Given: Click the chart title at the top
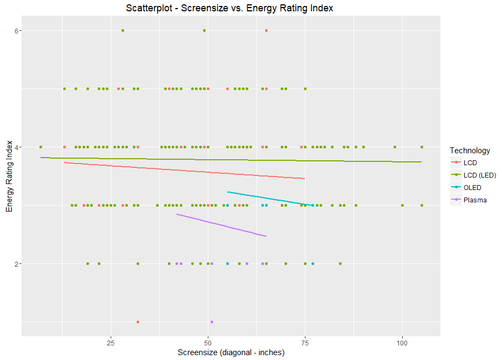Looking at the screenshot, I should pyautogui.click(x=229, y=8).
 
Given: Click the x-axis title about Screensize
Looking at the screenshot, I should pyautogui.click(x=231, y=352).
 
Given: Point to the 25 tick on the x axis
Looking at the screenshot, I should pyautogui.click(x=111, y=343).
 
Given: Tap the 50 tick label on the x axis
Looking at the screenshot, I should pyautogui.click(x=208, y=343).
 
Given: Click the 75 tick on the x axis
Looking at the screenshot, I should pyautogui.click(x=305, y=343).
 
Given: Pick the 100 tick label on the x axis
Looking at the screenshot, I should pyautogui.click(x=402, y=343).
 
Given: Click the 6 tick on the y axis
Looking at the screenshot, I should pyautogui.click(x=17, y=31).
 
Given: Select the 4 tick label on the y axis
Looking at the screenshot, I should pyautogui.click(x=17, y=147).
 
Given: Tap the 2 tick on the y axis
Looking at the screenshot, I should pyautogui.click(x=17, y=264).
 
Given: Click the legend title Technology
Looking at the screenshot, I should pyautogui.click(x=470, y=151).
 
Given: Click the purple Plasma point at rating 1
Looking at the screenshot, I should pyautogui.click(x=212, y=322).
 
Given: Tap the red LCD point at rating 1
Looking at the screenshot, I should pyautogui.click(x=138, y=322).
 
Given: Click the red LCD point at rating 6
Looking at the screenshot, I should pyautogui.click(x=266, y=30).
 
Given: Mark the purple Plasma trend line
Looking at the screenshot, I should pyautogui.click(x=221, y=226).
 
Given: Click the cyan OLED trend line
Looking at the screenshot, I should pyautogui.click(x=270, y=198).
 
